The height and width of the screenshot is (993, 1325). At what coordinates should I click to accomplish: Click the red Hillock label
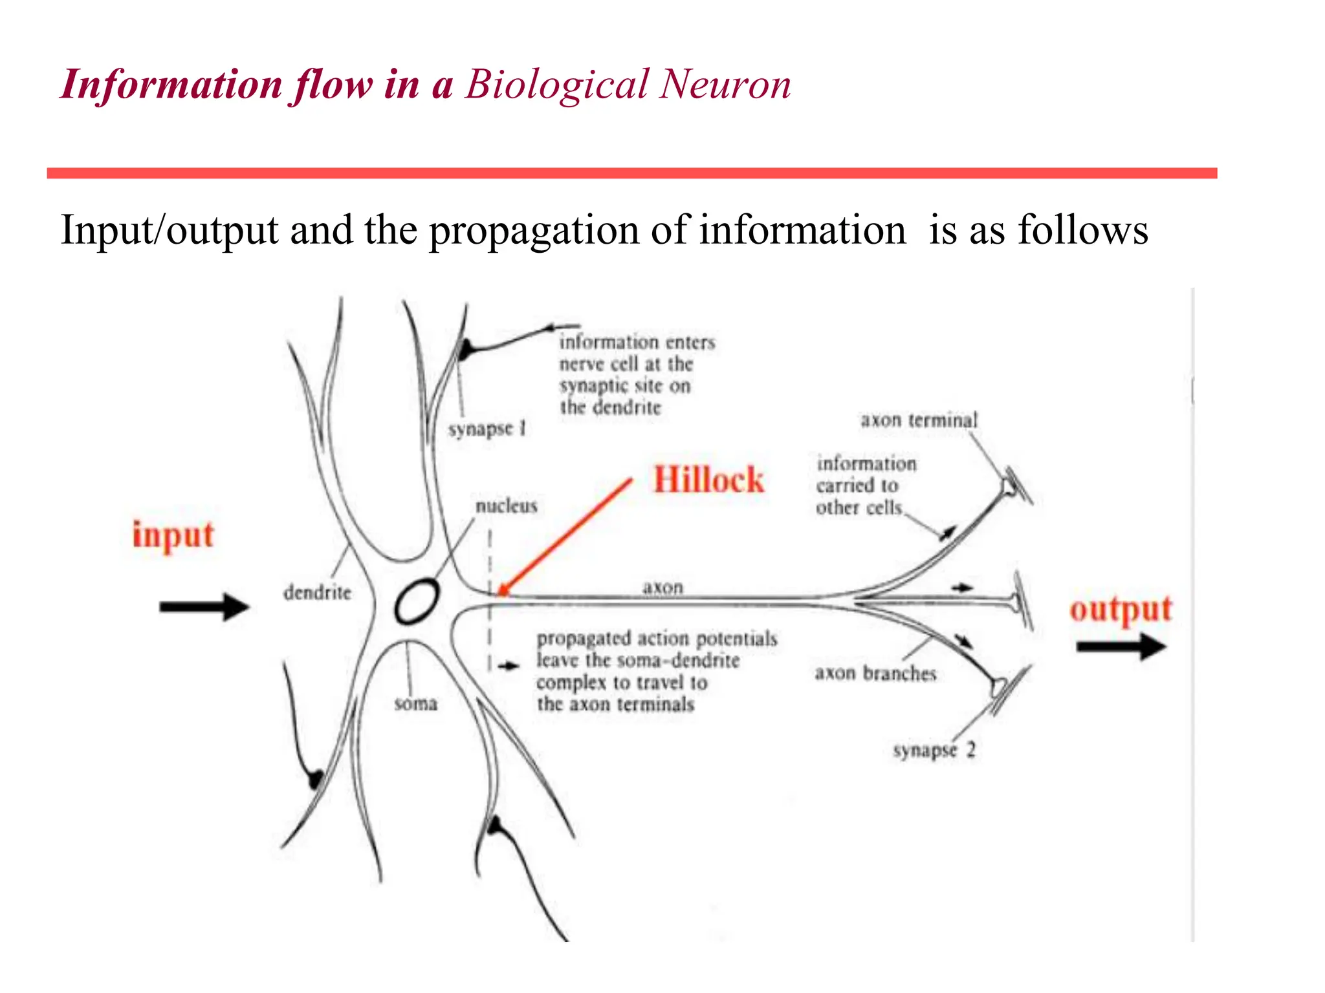point(708,480)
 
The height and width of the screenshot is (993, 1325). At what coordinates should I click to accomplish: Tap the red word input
point(173,535)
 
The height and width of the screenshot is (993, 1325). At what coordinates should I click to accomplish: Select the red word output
point(1121,610)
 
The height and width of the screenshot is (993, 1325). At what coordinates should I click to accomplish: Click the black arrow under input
point(204,606)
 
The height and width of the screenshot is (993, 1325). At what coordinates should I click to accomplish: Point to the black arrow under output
point(1121,646)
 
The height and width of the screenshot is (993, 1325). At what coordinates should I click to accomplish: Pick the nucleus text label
point(507,506)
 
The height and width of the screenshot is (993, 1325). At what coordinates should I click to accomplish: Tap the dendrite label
point(317,592)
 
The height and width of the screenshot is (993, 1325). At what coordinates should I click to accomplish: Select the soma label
point(416,703)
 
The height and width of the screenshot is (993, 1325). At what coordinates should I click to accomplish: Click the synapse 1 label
point(487,429)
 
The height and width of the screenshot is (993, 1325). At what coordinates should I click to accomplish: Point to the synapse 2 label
point(934,751)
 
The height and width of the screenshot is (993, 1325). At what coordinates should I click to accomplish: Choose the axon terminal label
point(919,420)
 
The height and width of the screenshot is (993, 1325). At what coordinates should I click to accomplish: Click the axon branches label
point(875,674)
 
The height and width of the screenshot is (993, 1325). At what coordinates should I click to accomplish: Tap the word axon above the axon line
point(662,587)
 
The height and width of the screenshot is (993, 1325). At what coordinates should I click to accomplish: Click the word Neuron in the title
point(725,85)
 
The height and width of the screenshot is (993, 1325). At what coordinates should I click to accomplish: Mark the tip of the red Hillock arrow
point(500,593)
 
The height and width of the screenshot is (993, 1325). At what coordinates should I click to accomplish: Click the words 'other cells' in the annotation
point(859,508)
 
